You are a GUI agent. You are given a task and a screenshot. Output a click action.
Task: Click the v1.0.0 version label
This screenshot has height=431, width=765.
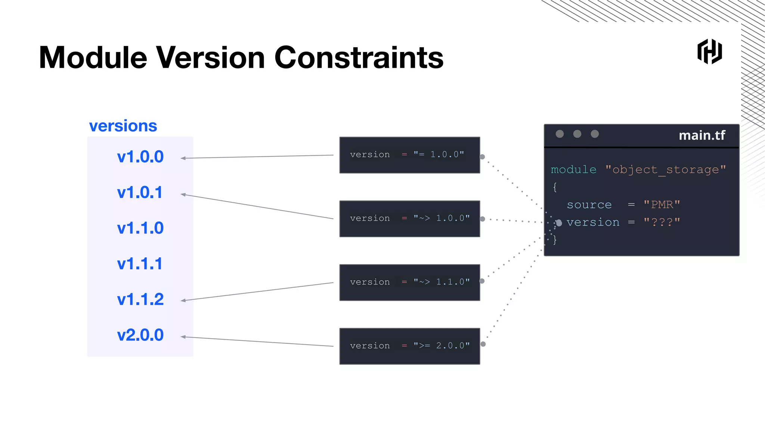[x=140, y=157]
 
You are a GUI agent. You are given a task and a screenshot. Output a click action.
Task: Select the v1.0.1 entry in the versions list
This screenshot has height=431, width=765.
[x=140, y=193]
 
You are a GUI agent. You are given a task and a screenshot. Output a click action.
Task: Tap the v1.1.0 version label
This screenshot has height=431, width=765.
[x=140, y=228]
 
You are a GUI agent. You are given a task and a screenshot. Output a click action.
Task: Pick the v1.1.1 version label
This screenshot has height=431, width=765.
[x=140, y=264]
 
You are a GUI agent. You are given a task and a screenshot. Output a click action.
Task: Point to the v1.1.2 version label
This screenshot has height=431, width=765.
[x=140, y=299]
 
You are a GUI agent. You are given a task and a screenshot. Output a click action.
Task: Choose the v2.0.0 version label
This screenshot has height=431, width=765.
[x=140, y=335]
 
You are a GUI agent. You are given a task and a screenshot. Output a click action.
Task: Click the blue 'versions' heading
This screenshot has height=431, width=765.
[x=123, y=126]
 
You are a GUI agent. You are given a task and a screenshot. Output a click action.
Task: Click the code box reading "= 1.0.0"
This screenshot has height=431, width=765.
[x=409, y=155]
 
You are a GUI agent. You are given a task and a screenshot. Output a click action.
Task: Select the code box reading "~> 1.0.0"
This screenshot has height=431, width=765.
[x=409, y=218]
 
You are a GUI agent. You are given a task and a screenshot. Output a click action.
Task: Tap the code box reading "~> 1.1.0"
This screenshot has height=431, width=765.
[x=409, y=282]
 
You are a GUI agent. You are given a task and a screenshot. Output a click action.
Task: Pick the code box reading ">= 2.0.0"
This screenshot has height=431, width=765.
[x=409, y=346]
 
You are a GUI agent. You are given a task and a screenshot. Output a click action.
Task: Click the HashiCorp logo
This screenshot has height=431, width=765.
[x=709, y=52]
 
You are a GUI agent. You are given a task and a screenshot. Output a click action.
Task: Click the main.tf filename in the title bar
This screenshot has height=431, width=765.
[x=701, y=135]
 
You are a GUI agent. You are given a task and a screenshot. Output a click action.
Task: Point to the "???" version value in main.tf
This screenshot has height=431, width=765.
[x=662, y=222]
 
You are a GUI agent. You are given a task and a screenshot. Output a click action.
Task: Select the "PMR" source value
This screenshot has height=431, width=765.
[x=662, y=205]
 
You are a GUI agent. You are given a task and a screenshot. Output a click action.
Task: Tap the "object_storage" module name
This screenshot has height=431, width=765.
[x=665, y=169]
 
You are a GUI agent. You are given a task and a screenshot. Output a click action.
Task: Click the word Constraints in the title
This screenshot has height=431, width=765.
[x=359, y=58]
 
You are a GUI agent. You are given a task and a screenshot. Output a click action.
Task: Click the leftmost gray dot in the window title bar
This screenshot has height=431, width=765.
[x=560, y=134]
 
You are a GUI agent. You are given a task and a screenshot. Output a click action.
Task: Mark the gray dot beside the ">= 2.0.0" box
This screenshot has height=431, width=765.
[x=483, y=344]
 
